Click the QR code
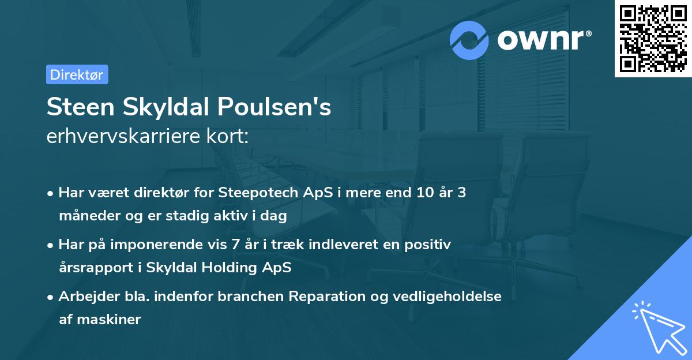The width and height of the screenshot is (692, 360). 653,39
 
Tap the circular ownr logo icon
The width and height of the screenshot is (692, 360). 469,40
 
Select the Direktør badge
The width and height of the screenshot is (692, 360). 77,74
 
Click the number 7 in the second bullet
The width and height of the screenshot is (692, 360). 235,245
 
